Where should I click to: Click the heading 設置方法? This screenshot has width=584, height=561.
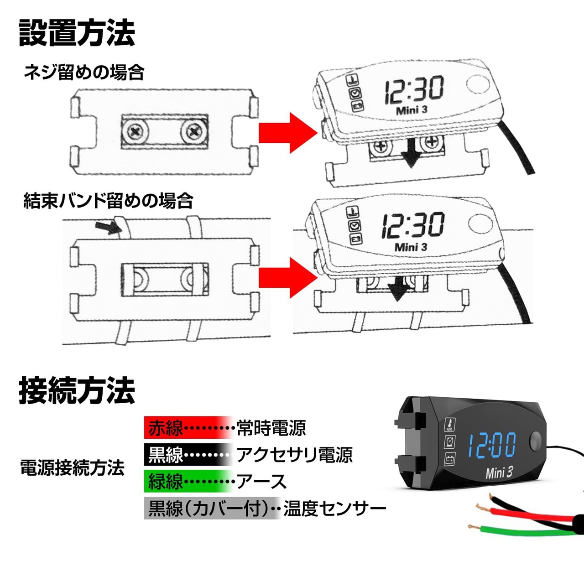(77, 33)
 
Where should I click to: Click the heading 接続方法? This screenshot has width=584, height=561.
(77, 390)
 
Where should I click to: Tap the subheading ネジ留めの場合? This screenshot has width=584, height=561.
(84, 73)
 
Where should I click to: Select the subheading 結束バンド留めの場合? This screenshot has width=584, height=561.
(108, 200)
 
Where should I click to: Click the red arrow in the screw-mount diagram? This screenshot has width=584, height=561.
(288, 133)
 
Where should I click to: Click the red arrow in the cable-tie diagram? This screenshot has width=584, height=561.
(288, 277)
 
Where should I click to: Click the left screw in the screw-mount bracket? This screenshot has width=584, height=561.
(136, 131)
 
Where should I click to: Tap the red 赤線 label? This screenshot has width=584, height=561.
(165, 428)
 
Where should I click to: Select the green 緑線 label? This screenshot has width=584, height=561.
(165, 481)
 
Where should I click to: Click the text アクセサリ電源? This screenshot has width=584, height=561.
(294, 454)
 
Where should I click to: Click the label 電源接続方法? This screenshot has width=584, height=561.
(73, 467)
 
